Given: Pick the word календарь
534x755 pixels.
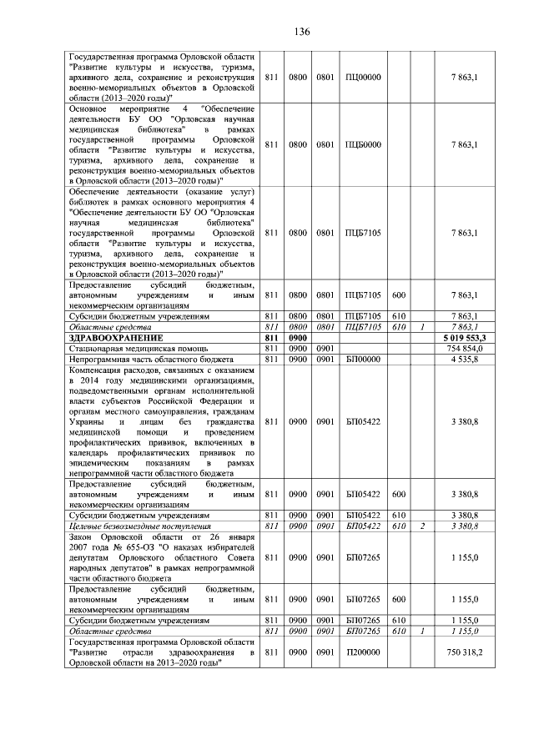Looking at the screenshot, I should coord(94,451).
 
